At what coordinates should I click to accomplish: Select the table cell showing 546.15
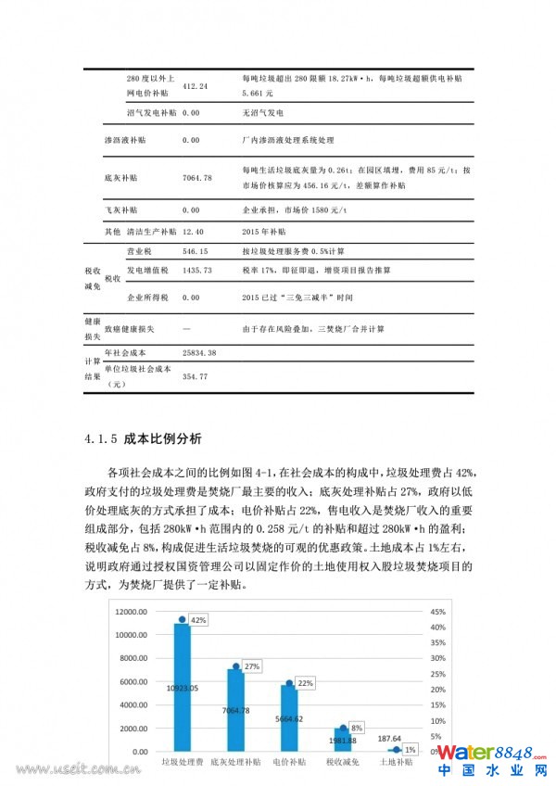tap(196, 251)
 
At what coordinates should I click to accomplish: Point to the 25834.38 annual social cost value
tap(199, 354)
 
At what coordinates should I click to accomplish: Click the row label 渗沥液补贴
tap(124, 140)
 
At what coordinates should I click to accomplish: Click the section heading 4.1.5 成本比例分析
tap(135, 437)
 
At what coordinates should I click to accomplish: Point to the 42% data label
tap(198, 619)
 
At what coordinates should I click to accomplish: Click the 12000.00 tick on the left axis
tap(130, 612)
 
